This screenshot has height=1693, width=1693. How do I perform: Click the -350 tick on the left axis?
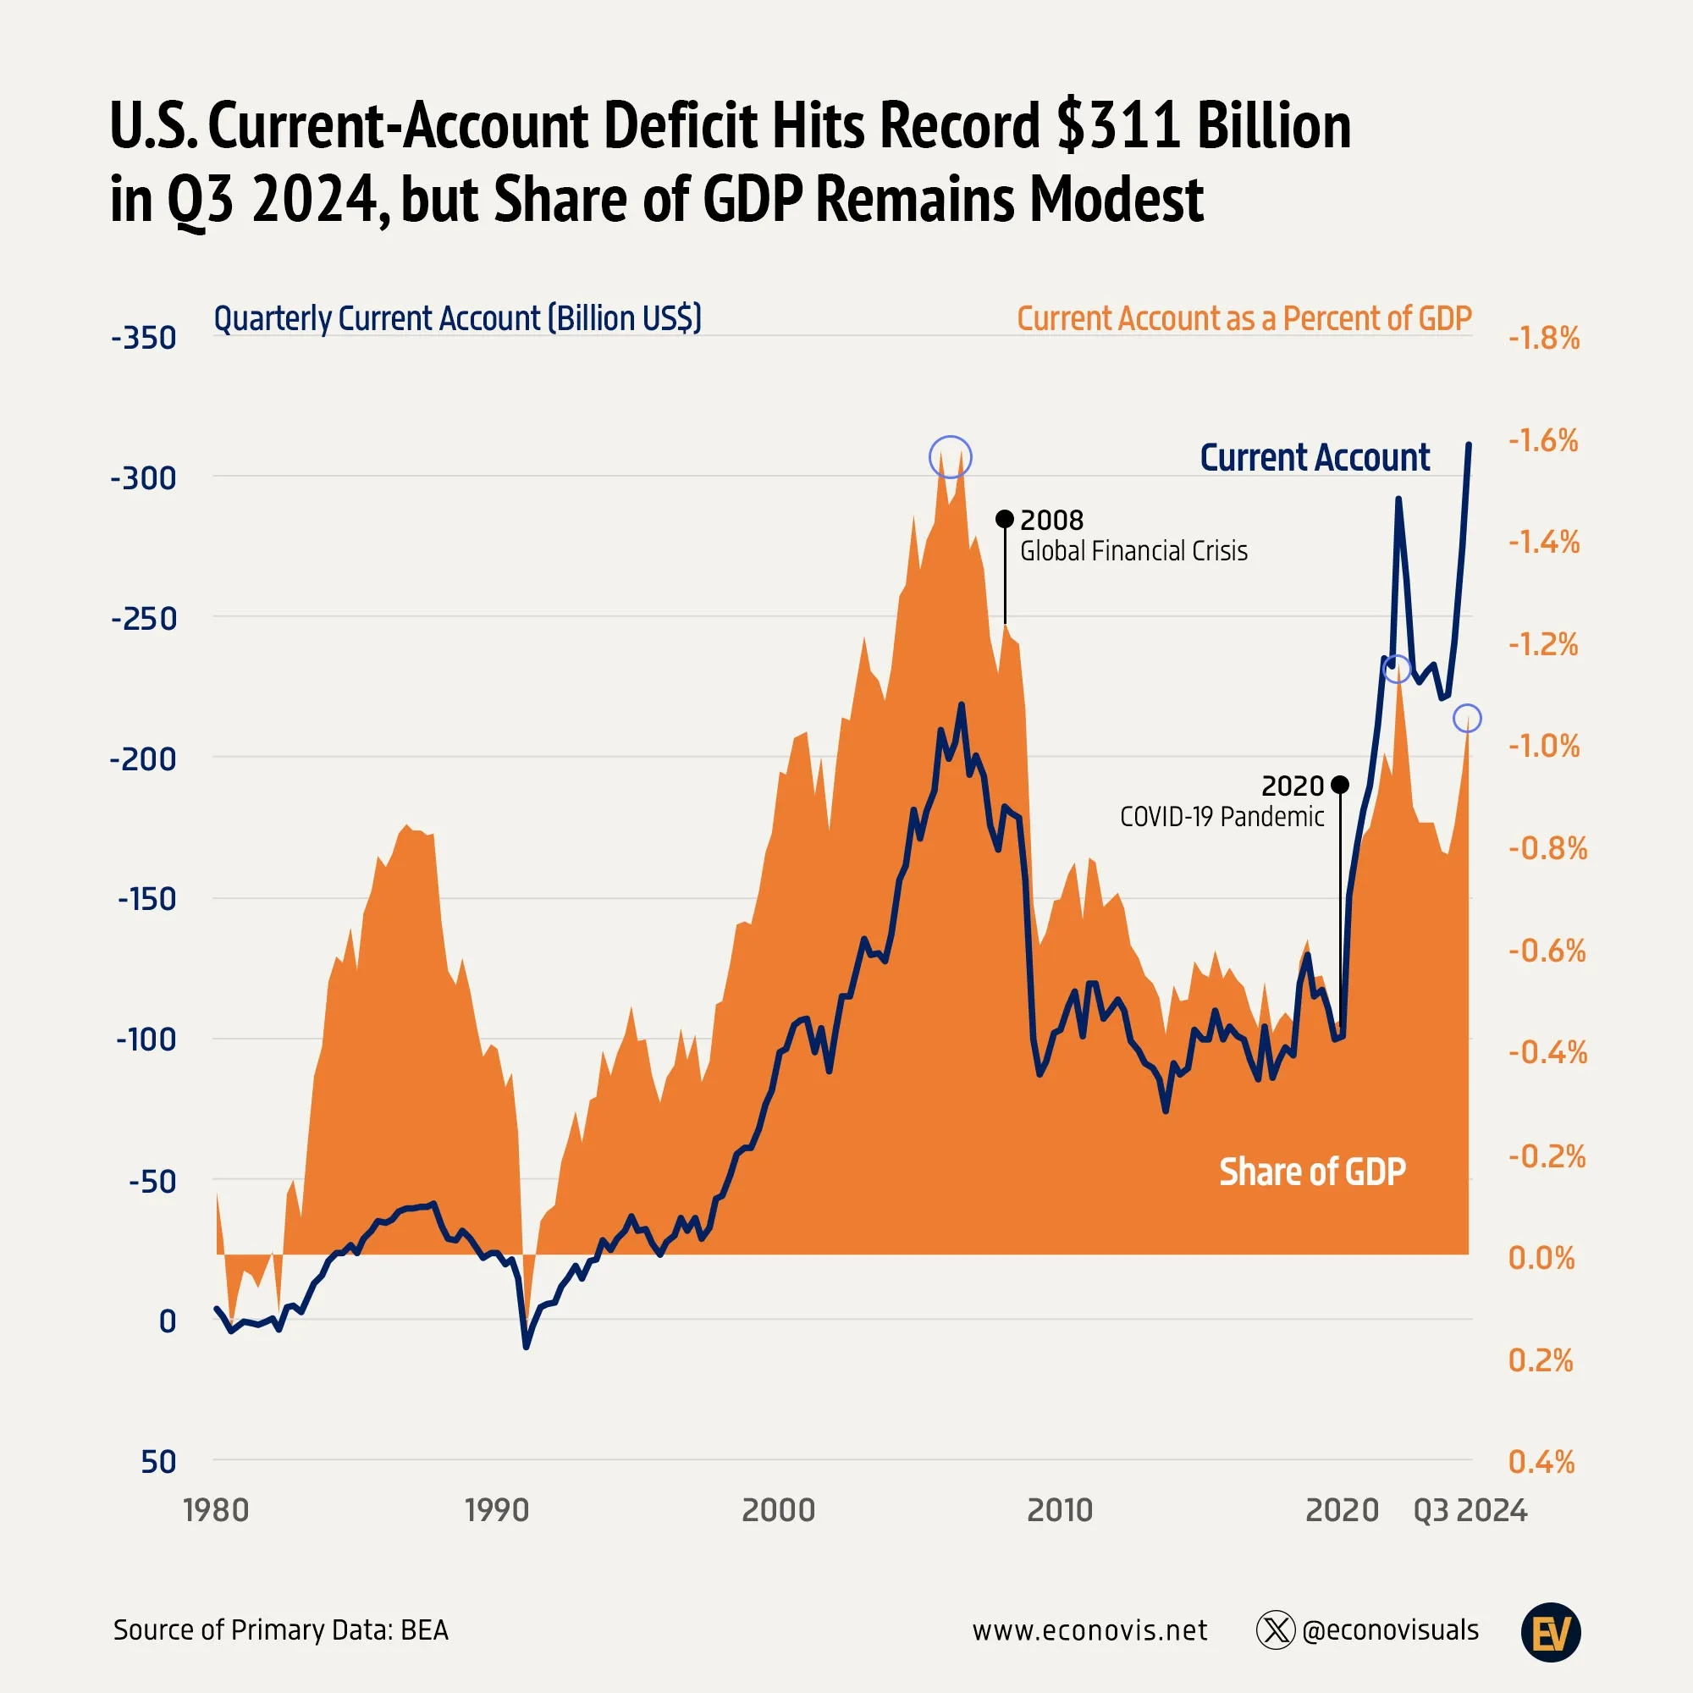143,338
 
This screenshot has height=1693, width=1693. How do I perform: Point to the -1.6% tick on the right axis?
1543,440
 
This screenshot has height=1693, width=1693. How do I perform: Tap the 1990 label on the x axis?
497,1510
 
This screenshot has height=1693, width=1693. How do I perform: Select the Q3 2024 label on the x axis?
1470,1510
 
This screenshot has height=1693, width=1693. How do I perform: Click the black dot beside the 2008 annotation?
1005,519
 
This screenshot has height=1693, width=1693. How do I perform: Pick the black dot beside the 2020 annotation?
1339,785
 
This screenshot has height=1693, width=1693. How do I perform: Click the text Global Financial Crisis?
1133,550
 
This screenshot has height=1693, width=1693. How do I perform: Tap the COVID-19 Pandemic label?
1221,816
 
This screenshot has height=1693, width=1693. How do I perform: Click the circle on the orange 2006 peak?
950,456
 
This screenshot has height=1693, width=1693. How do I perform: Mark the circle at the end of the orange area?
1467,719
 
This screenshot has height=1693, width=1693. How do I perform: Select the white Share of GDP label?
1312,1172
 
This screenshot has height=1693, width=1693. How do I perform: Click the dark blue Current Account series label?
1314,457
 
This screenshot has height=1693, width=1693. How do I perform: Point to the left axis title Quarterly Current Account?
457,318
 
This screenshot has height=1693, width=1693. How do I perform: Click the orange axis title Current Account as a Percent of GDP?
1244,318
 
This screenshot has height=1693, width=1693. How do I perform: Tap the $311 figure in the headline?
1118,125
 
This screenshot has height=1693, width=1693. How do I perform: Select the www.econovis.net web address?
1089,1631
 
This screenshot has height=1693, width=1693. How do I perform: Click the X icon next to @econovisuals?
1275,1631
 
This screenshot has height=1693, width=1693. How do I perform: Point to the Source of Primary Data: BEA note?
280,1631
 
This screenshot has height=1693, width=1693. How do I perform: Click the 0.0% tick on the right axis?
1541,1258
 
